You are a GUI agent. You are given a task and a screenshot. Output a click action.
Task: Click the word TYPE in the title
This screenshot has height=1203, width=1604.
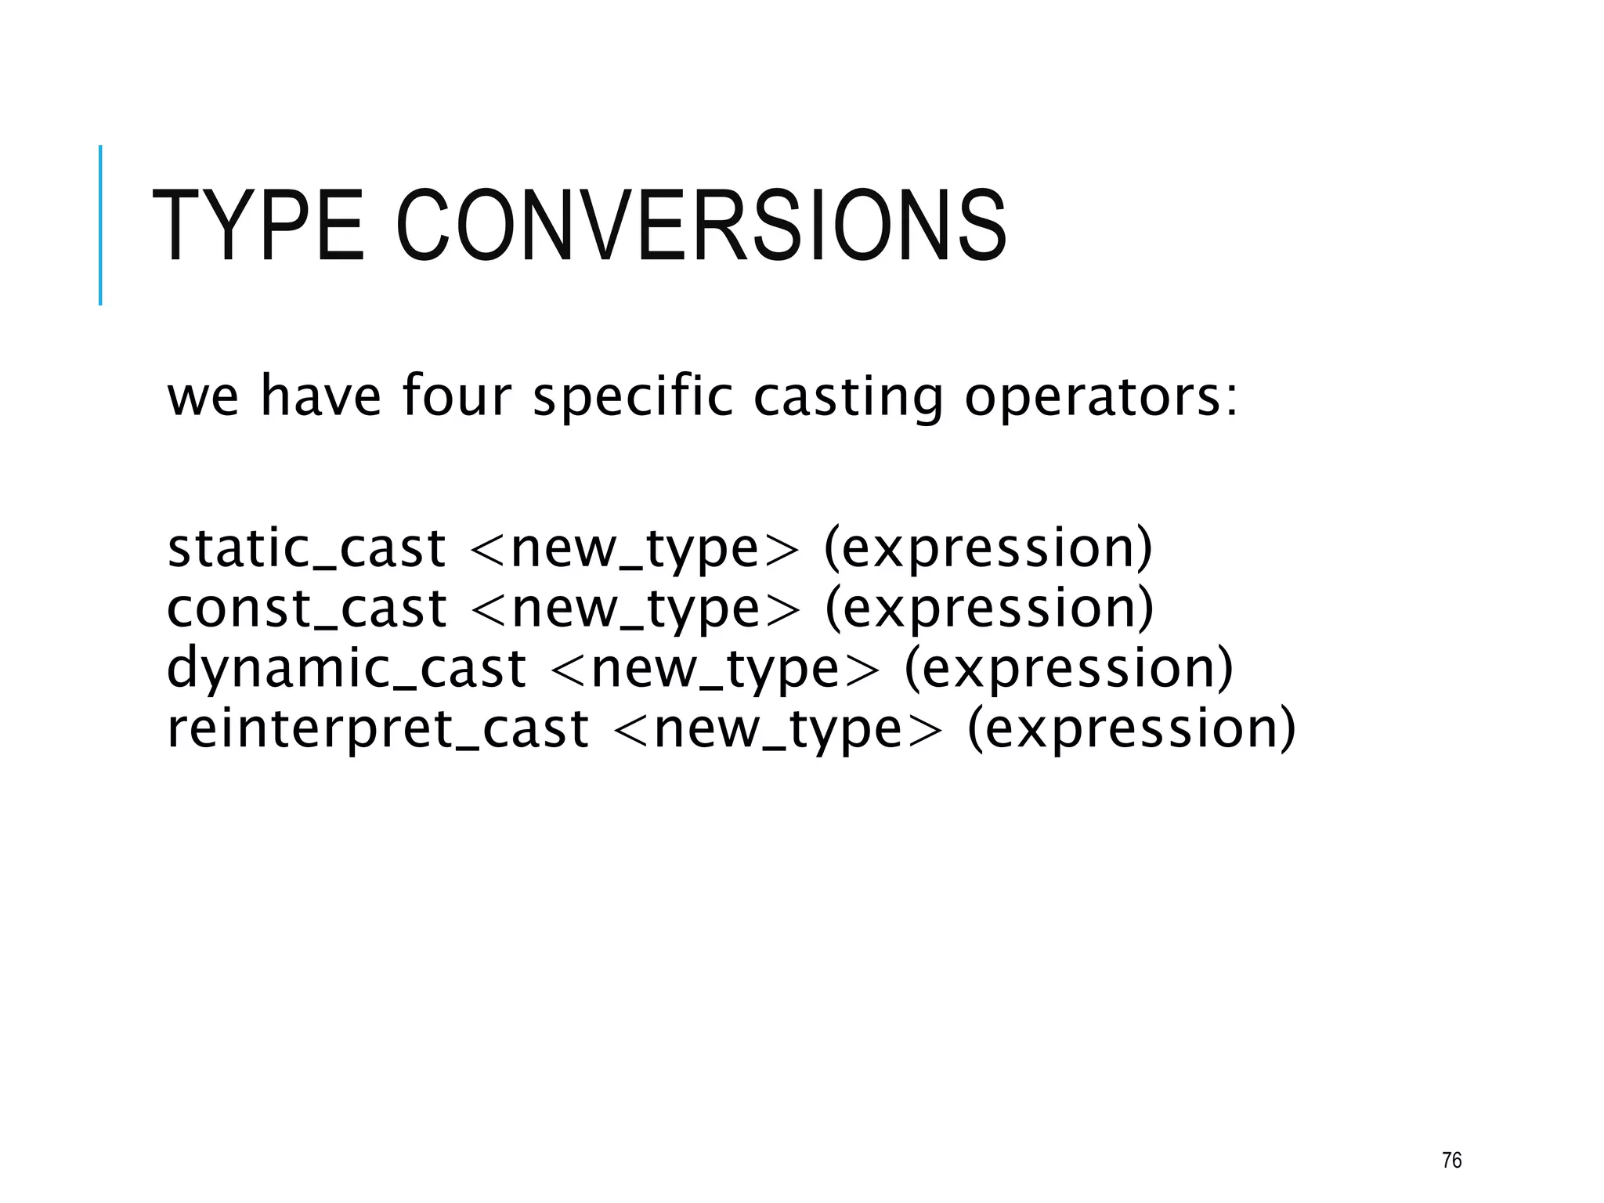[x=257, y=226]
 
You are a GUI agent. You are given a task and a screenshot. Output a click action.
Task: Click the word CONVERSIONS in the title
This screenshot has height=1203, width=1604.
[x=701, y=226]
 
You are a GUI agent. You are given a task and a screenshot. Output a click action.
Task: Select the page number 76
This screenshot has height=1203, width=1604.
[x=1451, y=1160]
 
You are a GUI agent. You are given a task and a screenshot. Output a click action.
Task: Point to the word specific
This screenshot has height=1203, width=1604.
[x=633, y=397]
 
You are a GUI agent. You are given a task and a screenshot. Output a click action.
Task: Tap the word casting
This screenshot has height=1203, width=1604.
[x=848, y=397]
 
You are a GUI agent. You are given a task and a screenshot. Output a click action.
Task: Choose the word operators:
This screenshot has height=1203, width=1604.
[x=1101, y=397]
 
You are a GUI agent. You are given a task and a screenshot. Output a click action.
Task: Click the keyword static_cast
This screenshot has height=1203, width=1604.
[x=306, y=548]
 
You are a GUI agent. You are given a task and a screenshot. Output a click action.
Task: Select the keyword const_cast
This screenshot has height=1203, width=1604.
[x=306, y=609]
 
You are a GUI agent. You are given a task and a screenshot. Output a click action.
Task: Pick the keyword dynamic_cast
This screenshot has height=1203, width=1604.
[x=346, y=669]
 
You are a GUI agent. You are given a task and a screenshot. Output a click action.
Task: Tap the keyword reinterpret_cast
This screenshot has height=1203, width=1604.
[x=378, y=728]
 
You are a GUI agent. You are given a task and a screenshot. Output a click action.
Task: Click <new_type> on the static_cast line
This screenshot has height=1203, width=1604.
[x=634, y=548]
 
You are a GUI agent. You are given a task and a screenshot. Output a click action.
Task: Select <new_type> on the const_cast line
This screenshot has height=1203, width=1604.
[x=636, y=609]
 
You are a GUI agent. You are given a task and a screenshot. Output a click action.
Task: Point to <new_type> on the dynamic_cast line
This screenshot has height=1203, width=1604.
[x=715, y=669]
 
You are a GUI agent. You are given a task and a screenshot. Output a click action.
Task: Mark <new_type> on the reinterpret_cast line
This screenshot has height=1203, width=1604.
[x=778, y=728]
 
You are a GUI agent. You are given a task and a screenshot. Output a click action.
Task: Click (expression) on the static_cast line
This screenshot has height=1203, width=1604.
[x=988, y=548]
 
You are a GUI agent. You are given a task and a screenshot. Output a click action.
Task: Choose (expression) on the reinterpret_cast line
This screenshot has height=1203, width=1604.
[x=1132, y=728]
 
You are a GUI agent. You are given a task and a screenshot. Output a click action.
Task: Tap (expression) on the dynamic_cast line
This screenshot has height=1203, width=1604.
[x=1068, y=669]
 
